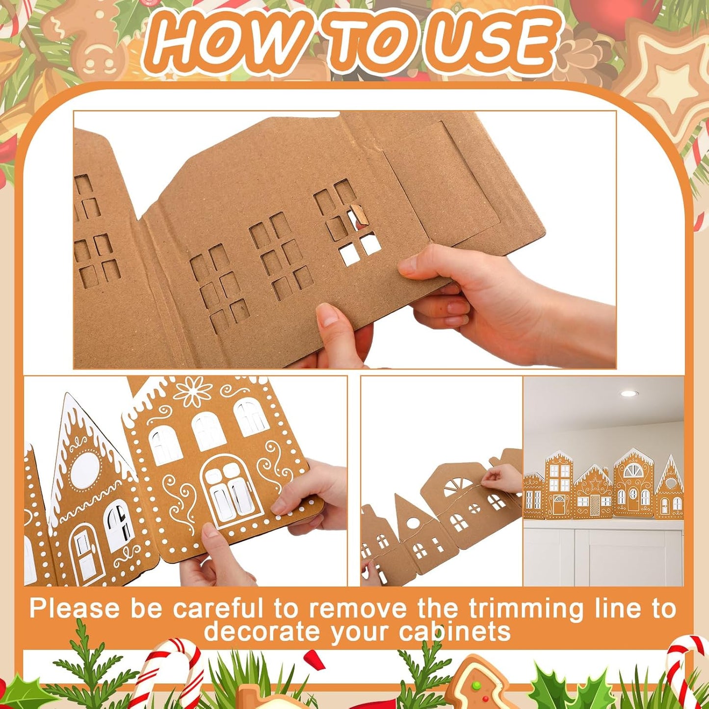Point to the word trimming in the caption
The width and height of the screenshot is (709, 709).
[525, 609]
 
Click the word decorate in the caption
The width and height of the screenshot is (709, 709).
[263, 631]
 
